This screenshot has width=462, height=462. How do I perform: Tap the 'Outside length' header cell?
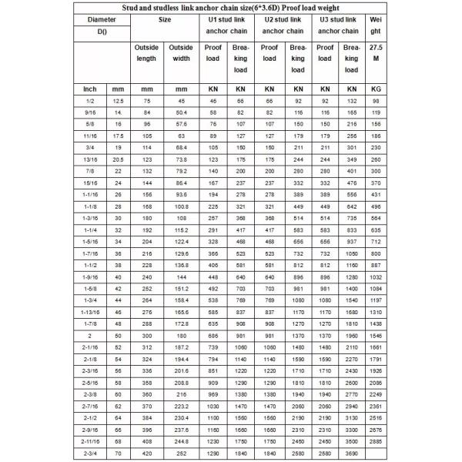point(146,53)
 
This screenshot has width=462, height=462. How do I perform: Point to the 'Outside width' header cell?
point(181,53)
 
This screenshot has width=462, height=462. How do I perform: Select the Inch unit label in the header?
point(89,89)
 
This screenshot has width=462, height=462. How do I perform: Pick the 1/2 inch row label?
point(89,101)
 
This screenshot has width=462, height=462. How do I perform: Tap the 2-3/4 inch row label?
point(89,455)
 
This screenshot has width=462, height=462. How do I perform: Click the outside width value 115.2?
point(181,229)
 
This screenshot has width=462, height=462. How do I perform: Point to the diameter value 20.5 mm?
point(117,159)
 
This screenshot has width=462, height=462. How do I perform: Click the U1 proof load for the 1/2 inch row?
point(213,101)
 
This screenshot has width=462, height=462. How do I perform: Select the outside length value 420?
point(146,455)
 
